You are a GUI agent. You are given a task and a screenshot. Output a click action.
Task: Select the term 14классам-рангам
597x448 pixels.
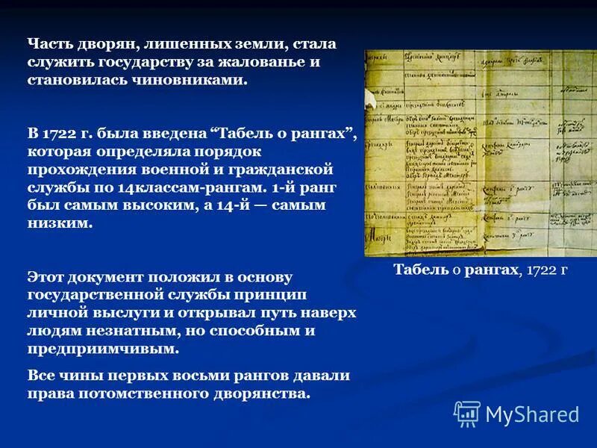[x=172, y=187]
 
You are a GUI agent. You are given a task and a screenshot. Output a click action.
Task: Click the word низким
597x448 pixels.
[x=60, y=223]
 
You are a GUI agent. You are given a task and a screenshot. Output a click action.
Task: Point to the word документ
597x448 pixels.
[x=108, y=277]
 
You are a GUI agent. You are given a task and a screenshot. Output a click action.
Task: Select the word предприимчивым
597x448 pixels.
[x=103, y=349]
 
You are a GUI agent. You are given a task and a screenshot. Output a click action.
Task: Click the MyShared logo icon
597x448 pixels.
[x=467, y=414]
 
